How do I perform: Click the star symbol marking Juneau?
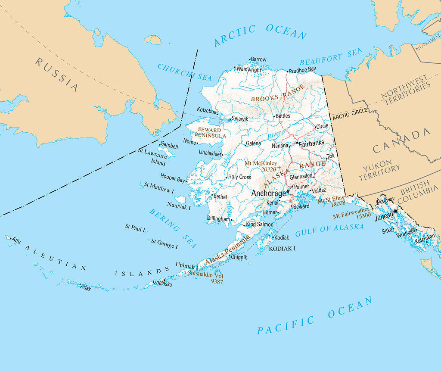pos(395,211)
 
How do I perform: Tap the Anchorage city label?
pos(268,193)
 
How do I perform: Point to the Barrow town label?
pos(258,59)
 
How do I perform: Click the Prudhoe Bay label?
pos(303,69)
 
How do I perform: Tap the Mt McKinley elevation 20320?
pos(268,170)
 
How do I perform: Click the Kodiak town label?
pos(281,238)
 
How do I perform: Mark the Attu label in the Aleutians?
pos(16,240)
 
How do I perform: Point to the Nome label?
pos(189,141)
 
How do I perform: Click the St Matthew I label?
pos(159,187)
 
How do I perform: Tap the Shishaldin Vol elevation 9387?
pos(217,281)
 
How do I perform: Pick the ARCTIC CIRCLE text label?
pos(350,114)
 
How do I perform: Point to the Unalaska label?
pos(162,284)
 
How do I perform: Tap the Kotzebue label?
pos(207,110)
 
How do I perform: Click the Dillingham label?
pos(218,219)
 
